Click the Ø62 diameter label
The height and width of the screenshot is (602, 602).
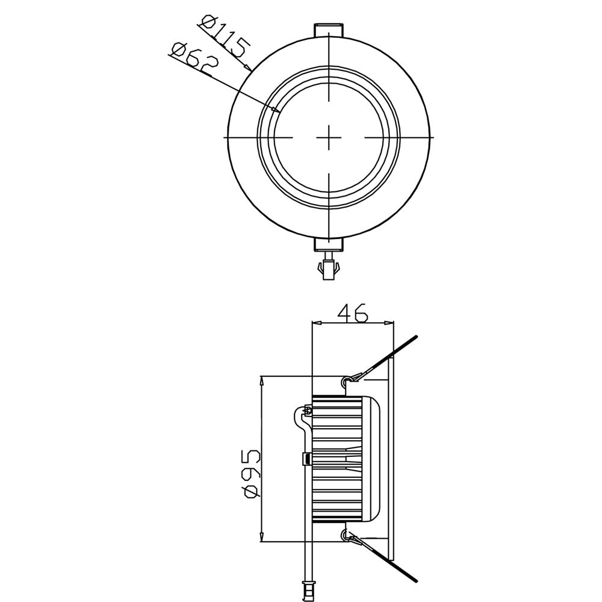[193, 59]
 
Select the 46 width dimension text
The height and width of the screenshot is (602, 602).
[352, 313]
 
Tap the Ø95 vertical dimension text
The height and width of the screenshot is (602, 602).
[251, 473]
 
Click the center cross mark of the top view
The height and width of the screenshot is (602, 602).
[329, 137]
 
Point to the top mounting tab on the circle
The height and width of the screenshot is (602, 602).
[329, 29]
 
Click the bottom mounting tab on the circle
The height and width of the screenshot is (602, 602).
[329, 244]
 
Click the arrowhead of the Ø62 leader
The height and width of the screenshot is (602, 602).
[276, 111]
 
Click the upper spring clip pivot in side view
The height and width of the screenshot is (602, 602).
[346, 380]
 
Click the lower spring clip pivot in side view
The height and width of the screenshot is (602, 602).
[346, 533]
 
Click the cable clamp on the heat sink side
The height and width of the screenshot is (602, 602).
[306, 461]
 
